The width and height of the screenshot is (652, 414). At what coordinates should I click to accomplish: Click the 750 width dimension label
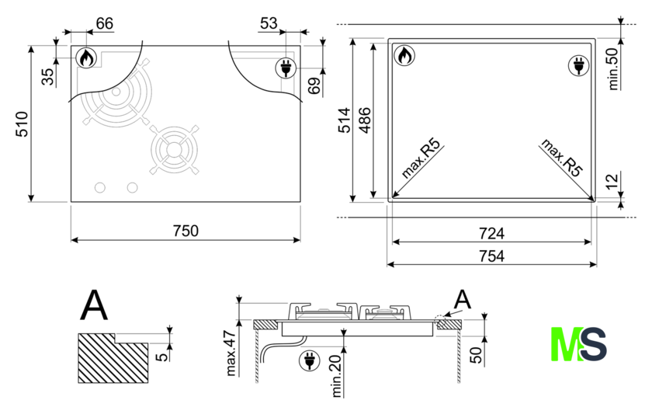click(x=186, y=231)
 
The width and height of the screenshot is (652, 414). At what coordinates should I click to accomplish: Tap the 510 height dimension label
click(x=22, y=124)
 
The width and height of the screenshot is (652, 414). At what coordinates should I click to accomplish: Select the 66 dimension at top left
click(x=104, y=23)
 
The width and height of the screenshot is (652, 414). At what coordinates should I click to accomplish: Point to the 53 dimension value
click(x=269, y=23)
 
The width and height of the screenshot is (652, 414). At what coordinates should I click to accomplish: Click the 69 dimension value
click(x=314, y=85)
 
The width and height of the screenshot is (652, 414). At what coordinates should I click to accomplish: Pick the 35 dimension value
click(x=49, y=77)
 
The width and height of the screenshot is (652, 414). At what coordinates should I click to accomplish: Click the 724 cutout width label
click(x=491, y=234)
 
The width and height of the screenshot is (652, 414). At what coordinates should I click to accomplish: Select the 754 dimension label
click(x=491, y=256)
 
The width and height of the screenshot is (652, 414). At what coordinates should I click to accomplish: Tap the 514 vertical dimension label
click(x=345, y=120)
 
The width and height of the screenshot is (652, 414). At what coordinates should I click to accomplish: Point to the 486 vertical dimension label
click(x=365, y=120)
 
